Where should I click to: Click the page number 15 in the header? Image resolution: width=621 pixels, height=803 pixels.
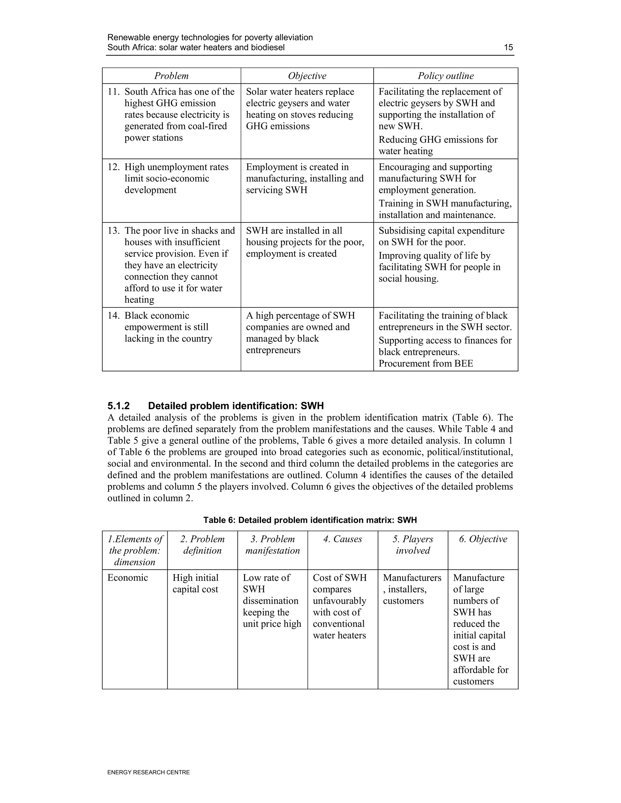(x=508, y=48)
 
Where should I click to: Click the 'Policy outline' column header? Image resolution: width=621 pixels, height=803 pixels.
(x=445, y=76)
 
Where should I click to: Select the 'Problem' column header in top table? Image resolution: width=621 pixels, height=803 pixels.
(x=171, y=76)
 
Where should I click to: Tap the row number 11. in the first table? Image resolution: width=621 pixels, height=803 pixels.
(x=114, y=92)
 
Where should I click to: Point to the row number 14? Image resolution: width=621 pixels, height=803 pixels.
(x=114, y=316)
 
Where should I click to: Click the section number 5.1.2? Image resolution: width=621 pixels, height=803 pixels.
(x=119, y=406)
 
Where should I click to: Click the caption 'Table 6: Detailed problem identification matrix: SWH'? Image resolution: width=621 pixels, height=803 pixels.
(x=310, y=520)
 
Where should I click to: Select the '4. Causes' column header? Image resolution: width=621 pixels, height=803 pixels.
(x=343, y=539)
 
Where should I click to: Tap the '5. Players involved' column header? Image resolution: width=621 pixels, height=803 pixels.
(x=412, y=545)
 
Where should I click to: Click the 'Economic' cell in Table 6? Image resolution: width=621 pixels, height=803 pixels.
(x=127, y=578)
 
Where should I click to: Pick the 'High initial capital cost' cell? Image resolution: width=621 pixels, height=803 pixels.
(x=195, y=584)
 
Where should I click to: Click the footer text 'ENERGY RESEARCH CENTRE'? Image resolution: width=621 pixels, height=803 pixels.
(x=148, y=772)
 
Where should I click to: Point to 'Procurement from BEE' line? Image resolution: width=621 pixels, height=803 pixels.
(x=426, y=364)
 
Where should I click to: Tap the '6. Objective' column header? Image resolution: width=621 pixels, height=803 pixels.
(x=483, y=539)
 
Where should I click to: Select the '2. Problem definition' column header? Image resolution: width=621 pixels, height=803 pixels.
(x=202, y=545)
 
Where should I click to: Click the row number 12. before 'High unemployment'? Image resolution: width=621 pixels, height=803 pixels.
(x=114, y=167)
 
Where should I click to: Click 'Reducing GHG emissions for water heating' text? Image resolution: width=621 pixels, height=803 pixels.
(x=438, y=145)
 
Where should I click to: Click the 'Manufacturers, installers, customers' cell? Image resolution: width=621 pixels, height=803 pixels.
(x=412, y=589)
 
